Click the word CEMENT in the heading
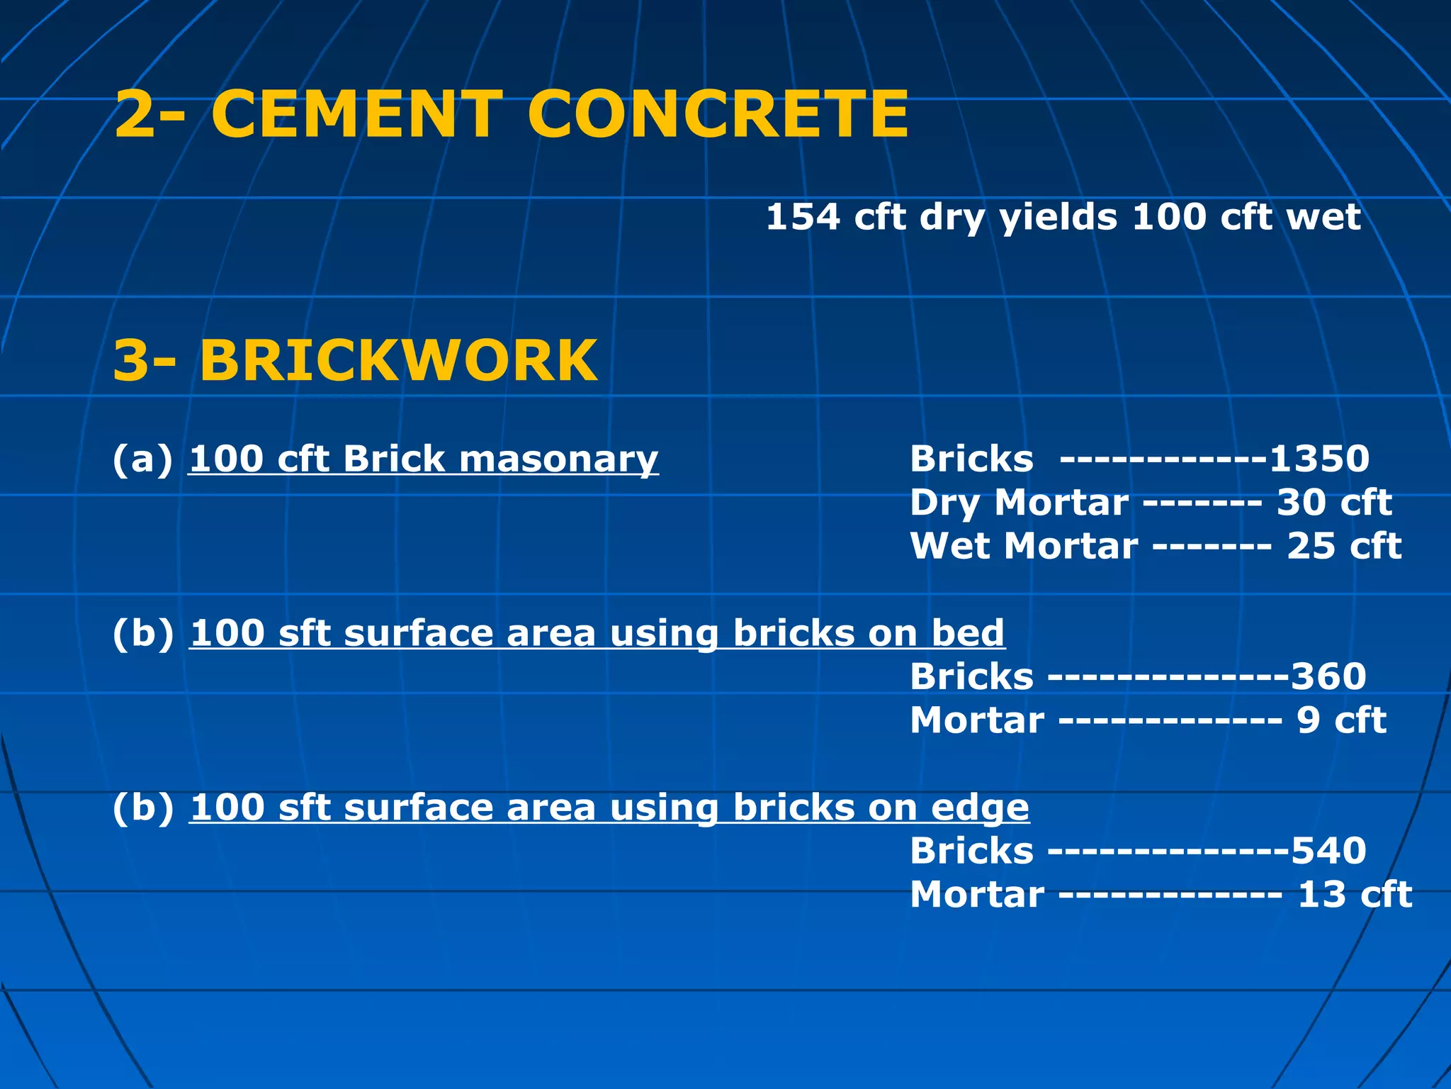[x=356, y=114]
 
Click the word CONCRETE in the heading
[x=717, y=114]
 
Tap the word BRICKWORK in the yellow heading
[x=398, y=361]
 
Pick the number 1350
[x=1319, y=459]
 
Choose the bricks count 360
[x=1328, y=676]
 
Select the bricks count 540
[x=1328, y=851]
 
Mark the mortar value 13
[x=1321, y=895]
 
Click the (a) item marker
[x=142, y=459]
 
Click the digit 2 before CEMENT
[x=135, y=114]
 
